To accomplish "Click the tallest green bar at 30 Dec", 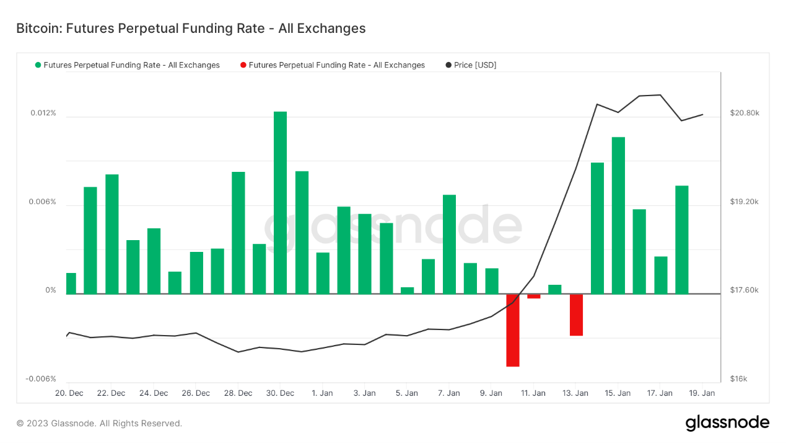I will coord(280,202).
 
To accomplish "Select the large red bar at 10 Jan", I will coord(512,330).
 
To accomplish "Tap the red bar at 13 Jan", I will coord(576,315).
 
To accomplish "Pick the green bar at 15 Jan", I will coord(618,215).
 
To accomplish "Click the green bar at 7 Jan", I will coord(449,244).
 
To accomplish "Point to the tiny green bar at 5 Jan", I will coord(407,290).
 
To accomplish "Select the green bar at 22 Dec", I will coord(111,234).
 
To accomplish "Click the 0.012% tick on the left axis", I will coord(43,113).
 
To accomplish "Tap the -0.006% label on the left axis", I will coord(41,379).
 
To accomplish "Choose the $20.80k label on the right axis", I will coord(745,113).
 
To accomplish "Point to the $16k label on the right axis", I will coord(739,379).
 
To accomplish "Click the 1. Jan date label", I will coord(322,393).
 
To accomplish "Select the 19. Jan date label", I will coord(702,393).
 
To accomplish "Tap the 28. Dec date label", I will coord(238,393).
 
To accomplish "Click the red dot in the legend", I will coord(243,65).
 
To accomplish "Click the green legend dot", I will coord(38,65).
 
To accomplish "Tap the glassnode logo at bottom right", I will coord(727,423).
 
